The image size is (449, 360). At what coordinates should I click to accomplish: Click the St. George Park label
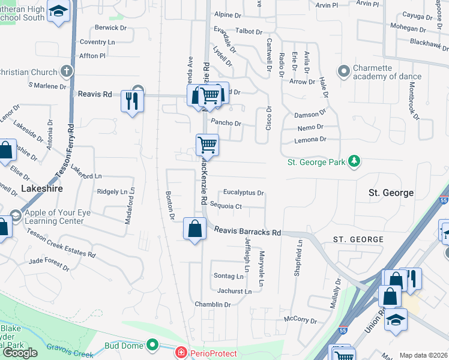click(316, 162)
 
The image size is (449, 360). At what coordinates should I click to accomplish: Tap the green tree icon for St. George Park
click(355, 161)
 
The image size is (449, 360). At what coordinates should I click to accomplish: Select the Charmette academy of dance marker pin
click(345, 72)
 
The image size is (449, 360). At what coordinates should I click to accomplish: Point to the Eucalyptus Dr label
click(243, 193)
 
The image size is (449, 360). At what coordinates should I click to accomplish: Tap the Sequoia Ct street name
click(230, 206)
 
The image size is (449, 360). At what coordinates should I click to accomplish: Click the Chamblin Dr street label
click(212, 305)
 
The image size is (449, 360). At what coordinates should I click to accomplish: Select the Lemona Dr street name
click(310, 139)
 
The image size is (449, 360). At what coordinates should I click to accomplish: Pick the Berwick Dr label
click(111, 28)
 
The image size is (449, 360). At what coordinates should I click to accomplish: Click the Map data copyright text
click(423, 355)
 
